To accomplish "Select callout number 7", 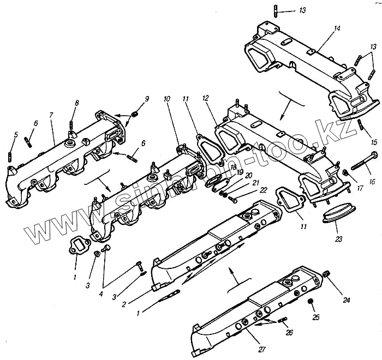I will [x=51, y=116].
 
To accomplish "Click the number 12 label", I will [x=205, y=99].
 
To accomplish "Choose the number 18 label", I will [x=233, y=167].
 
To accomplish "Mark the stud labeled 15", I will [x=361, y=124].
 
